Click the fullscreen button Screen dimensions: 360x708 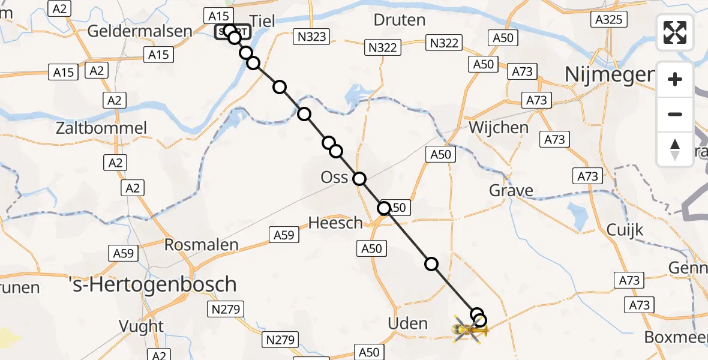tap(675, 32)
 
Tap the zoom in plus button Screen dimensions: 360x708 tap(675, 80)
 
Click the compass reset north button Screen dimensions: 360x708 tap(675, 149)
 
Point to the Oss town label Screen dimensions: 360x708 tap(334, 178)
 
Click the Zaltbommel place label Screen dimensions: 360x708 tap(101, 128)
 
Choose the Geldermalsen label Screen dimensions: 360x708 tap(140, 31)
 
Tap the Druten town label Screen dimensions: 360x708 tap(399, 20)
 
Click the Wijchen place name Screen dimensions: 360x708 tap(499, 127)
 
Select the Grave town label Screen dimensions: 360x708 tap(511, 191)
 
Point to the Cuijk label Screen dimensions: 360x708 tap(625, 230)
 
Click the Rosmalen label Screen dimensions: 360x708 tap(202, 245)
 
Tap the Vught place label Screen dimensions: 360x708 tap(142, 326)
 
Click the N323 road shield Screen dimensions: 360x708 tap(312, 37)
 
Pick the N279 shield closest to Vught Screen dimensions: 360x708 tap(226, 310)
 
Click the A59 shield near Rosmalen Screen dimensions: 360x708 tap(124, 253)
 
